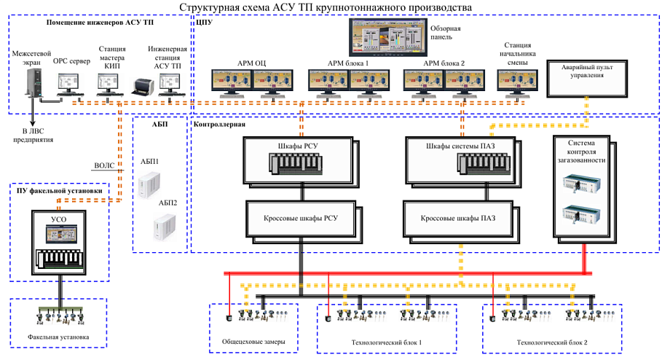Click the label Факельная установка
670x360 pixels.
[x=58, y=338]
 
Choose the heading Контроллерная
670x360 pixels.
[x=219, y=125]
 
